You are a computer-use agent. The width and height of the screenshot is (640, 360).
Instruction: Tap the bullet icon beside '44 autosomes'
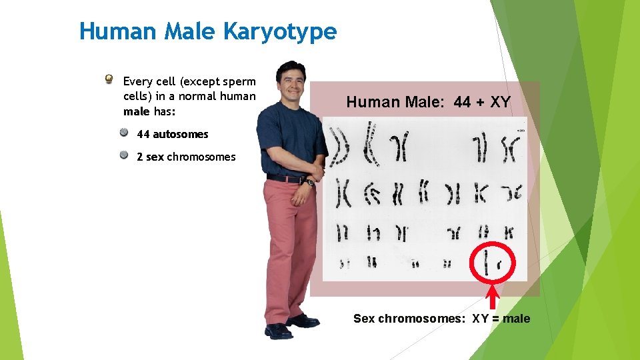tap(124, 133)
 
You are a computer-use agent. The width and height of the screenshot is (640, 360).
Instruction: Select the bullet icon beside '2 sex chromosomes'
tap(124, 156)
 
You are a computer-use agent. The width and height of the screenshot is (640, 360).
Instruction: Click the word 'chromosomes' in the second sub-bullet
tap(201, 157)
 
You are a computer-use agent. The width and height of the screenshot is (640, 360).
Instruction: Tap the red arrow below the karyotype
tap(493, 297)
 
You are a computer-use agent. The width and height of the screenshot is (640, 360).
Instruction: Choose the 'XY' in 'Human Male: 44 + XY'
tap(500, 102)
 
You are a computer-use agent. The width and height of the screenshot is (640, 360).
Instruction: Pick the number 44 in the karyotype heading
tap(462, 102)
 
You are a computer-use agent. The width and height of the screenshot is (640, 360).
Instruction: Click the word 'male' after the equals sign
tap(517, 319)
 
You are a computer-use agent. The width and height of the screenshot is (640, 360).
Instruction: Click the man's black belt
tap(284, 179)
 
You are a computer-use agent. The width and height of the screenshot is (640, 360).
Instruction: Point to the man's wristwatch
tap(309, 182)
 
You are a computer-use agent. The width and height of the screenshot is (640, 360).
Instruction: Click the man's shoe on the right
tap(303, 321)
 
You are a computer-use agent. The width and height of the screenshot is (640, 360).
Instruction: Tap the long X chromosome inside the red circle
tap(487, 261)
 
